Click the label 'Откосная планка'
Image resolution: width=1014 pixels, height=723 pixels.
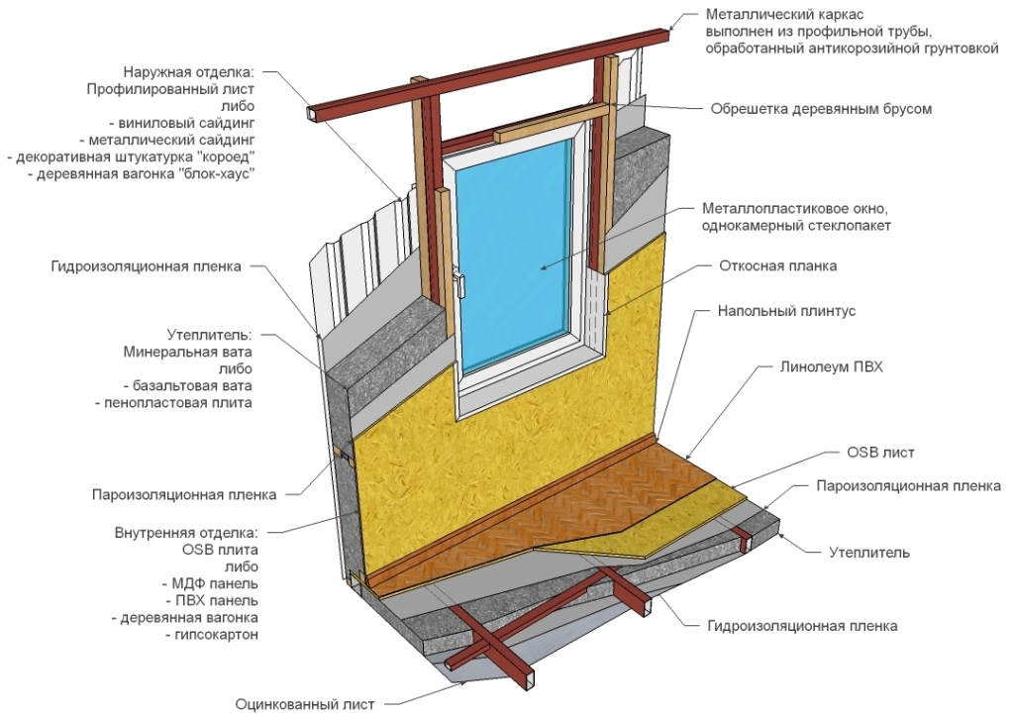pyautogui.click(x=777, y=265)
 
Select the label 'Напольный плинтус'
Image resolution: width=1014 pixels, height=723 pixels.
pyautogui.click(x=786, y=311)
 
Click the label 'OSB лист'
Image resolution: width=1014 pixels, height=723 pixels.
pyautogui.click(x=881, y=453)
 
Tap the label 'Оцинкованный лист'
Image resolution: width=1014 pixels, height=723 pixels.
pyautogui.click(x=305, y=705)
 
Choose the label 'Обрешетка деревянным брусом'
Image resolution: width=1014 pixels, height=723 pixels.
pyautogui.click(x=821, y=109)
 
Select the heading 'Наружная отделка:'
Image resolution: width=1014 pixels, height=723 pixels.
pyautogui.click(x=189, y=72)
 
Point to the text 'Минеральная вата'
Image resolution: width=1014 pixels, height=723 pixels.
pyautogui.click(x=188, y=352)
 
